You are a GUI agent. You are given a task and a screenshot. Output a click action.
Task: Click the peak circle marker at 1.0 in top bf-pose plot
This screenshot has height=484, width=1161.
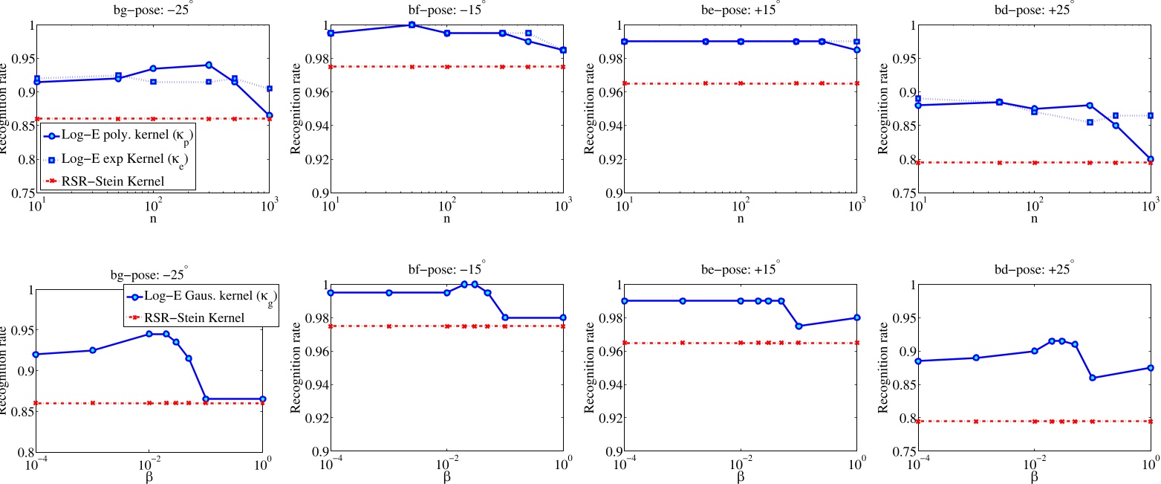click(412, 25)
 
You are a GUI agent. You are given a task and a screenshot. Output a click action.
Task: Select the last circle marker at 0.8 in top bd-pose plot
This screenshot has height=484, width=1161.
click(1150, 159)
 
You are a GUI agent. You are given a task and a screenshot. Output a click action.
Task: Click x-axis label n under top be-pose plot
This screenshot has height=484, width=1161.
click(741, 219)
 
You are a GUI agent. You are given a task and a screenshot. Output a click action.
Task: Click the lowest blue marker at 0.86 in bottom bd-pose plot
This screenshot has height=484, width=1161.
click(1092, 378)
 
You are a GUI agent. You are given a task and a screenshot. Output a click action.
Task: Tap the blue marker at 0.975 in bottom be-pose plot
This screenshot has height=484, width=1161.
click(799, 326)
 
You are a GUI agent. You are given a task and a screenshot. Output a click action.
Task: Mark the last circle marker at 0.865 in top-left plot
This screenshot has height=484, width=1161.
click(269, 115)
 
